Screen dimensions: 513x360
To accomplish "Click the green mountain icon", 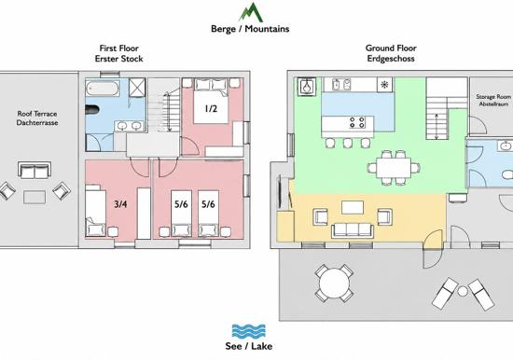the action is click(x=251, y=12).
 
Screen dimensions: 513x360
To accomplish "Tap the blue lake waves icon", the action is click(x=249, y=331).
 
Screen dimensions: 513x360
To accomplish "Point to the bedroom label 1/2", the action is click(x=211, y=108).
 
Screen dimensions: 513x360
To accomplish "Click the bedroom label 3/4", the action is click(x=120, y=204).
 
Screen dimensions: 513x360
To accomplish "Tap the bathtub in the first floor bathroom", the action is click(x=103, y=89).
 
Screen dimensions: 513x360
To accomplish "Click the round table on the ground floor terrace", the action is click(x=334, y=284).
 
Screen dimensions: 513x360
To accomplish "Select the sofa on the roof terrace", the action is click(x=35, y=170).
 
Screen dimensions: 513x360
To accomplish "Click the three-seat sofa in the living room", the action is click(x=353, y=230).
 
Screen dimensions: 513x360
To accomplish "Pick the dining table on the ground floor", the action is click(x=394, y=168).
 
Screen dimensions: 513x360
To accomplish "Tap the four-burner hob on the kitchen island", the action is click(x=357, y=122).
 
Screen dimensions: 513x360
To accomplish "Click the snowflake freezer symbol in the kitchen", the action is click(x=384, y=85).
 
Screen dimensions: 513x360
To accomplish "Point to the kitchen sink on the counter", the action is click(x=341, y=85).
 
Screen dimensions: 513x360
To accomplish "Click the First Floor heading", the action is click(x=119, y=48).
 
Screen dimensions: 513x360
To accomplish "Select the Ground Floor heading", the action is click(x=391, y=48).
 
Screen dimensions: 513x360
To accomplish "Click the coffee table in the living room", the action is click(x=353, y=207).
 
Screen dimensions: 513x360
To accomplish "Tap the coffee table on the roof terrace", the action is click(x=35, y=198).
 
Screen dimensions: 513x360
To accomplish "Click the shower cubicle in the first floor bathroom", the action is click(x=137, y=88).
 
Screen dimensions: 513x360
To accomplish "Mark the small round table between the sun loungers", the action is click(x=462, y=291).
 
